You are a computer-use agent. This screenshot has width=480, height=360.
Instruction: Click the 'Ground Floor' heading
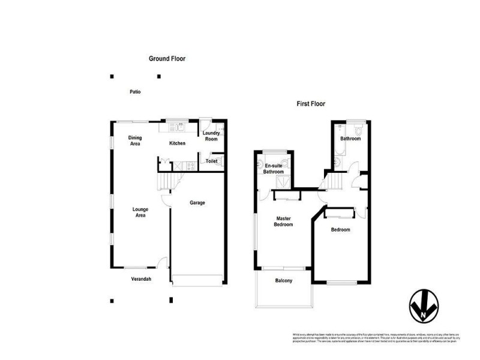point(167,59)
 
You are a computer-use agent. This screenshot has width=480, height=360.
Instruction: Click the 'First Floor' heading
point(311,104)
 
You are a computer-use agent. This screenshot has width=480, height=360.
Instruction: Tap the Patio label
point(135,92)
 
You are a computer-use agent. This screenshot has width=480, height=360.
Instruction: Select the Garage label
point(197,203)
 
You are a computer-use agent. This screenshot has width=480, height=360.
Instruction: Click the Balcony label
point(283,281)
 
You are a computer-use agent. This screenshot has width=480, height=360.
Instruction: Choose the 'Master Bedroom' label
point(284,221)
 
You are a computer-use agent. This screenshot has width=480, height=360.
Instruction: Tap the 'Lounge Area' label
point(140,212)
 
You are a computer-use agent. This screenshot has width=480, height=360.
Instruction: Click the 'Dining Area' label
point(135,141)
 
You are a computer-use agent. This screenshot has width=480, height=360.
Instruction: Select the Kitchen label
point(177,143)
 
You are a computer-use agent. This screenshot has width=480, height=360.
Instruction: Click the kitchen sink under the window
point(178,127)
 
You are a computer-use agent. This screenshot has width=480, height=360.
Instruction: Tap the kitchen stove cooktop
point(191,166)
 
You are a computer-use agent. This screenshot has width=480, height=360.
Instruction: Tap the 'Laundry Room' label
point(211,136)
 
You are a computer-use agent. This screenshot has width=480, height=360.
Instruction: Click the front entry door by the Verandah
point(161,262)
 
